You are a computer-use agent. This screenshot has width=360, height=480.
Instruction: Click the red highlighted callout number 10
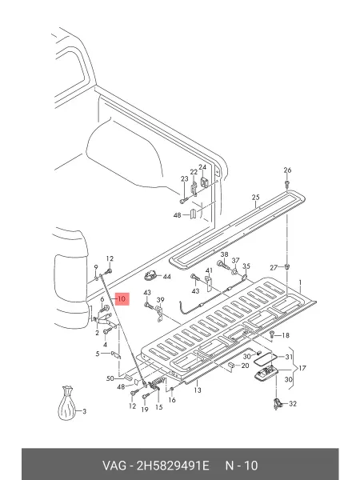pyautogui.click(x=122, y=299)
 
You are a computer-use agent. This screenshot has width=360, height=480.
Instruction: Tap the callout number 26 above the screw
pyautogui.click(x=287, y=170)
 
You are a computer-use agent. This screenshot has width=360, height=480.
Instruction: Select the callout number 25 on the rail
pyautogui.click(x=256, y=198)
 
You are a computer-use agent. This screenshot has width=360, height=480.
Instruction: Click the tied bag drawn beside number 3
pyautogui.click(x=66, y=403)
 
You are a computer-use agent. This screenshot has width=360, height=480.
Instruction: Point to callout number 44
pyautogui.click(x=166, y=277)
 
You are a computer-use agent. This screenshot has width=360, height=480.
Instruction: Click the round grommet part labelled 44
pyautogui.click(x=151, y=275)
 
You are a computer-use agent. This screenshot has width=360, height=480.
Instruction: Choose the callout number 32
pyautogui.click(x=293, y=404)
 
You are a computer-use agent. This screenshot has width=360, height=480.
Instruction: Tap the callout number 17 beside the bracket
pyautogui.click(x=302, y=368)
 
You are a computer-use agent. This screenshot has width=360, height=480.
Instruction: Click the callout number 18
pyautogui.click(x=286, y=335)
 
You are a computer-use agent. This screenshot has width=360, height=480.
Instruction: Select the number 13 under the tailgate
pyautogui.click(x=198, y=390)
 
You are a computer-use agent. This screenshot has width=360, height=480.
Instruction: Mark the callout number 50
pyautogui.click(x=110, y=378)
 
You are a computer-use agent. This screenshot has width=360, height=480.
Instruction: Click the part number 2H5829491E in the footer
pyautogui.click(x=173, y=466)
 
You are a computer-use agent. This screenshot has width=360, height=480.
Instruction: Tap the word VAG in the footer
pyautogui.click(x=114, y=466)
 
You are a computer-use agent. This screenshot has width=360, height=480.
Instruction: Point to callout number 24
pyautogui.click(x=202, y=167)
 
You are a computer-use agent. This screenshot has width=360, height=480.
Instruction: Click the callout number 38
pyautogui.click(x=224, y=254)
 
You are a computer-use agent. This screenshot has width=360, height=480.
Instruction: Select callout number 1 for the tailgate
pyautogui.click(x=300, y=282)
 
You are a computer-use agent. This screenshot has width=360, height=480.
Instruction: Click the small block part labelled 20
pyautogui.click(x=232, y=366)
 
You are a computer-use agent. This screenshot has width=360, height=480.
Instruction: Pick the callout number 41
pyautogui.click(x=209, y=270)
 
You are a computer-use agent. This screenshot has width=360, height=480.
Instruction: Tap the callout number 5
pyautogui.click(x=98, y=354)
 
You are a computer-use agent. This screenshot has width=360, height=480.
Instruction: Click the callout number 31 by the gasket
pyautogui.click(x=289, y=357)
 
